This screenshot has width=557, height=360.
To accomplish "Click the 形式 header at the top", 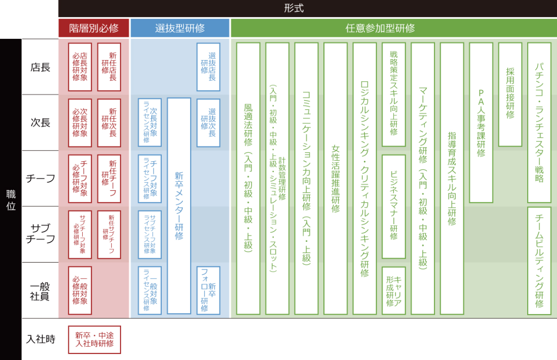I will tap(307, 8).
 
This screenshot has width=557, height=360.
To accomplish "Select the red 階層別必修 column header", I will tap(94, 28).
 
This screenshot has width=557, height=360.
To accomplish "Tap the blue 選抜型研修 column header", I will tap(180, 28).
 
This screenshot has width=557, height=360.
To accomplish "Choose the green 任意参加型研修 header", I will tap(393, 28).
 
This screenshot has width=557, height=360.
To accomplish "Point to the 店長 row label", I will tap(40, 67).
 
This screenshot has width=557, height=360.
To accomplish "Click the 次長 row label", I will tap(40, 123).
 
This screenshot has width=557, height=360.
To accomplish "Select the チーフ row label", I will tap(40, 178).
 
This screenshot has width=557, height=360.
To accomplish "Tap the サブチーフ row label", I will tap(40, 234).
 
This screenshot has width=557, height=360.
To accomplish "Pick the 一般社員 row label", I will tap(40, 290).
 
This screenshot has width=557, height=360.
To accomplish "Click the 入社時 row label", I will tap(40, 339).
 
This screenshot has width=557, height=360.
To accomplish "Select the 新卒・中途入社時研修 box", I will tap(95, 340).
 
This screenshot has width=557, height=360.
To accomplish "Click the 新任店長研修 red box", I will tap(109, 67).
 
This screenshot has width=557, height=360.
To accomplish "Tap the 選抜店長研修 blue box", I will tap(209, 67).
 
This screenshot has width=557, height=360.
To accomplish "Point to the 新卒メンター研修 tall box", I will tap(179, 206).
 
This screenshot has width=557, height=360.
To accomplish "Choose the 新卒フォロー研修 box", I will tap(209, 290).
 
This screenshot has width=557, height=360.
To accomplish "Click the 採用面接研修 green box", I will tap(510, 95).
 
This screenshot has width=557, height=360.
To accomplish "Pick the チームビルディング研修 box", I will tap(540, 261).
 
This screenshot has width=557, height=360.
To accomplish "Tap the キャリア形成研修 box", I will tap(394, 290).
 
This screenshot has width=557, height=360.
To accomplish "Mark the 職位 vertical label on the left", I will tap(10, 199).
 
